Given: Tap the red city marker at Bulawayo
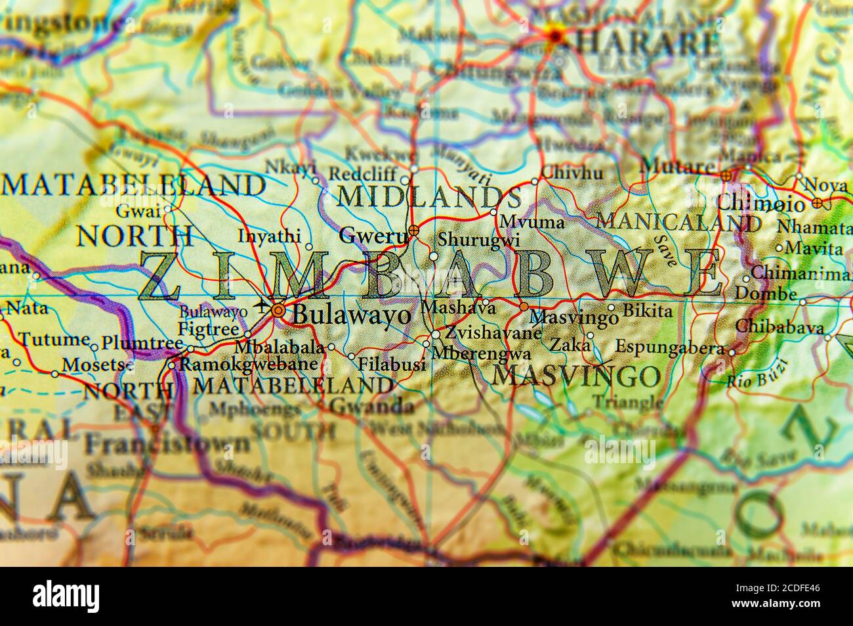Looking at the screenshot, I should point(279,311).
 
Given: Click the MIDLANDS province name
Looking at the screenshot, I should point(429,196).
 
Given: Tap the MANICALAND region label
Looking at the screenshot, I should point(678,222).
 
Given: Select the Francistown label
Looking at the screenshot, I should point(167,443).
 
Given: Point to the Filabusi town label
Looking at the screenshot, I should point(391,365).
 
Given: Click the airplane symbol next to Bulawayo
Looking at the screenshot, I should point(264,305).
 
